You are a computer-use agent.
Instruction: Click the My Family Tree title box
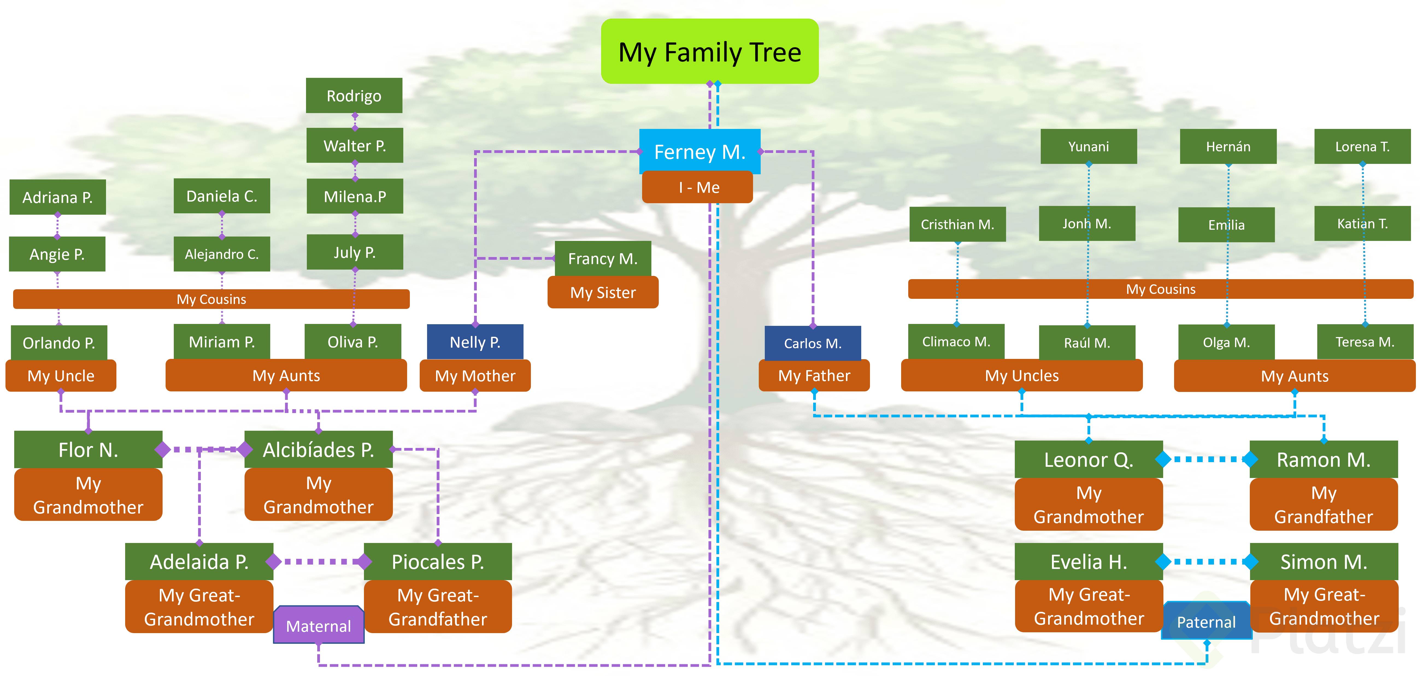[709, 52]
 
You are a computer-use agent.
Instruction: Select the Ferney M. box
[699, 152]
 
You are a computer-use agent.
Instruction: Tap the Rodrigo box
[354, 96]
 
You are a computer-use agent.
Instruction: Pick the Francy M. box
[602, 258]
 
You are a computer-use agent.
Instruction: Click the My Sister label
[602, 293]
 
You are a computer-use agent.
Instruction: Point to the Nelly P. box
[475, 342]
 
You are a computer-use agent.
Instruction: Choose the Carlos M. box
[813, 343]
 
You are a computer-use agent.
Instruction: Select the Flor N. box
[88, 450]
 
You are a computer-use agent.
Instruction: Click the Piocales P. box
[438, 561]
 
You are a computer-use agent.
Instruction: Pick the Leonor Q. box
[1089, 459]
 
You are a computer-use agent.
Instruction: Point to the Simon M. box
[1324, 561]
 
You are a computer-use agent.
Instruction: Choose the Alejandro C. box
[222, 254]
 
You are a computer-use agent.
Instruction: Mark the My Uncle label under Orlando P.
[61, 376]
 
